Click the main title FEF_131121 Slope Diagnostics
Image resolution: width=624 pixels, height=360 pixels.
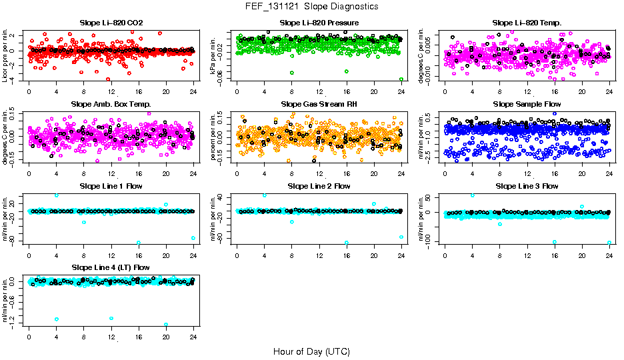coord(311,6)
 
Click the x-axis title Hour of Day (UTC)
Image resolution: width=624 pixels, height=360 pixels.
coord(311,351)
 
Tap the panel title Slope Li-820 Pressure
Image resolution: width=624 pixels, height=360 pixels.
coord(319,23)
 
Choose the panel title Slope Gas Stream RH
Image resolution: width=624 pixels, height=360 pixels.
coord(319,105)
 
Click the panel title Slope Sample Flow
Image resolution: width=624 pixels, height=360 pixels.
coord(527,105)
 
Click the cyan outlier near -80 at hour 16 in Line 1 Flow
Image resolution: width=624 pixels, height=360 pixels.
coord(139,243)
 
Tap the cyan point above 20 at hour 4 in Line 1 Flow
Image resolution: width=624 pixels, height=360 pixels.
coord(57,195)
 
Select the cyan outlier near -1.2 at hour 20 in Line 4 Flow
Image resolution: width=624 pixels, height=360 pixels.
coord(166,325)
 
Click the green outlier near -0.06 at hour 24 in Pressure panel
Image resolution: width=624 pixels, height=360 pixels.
coord(401,79)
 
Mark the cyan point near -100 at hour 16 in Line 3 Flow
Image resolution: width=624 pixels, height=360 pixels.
coord(555,242)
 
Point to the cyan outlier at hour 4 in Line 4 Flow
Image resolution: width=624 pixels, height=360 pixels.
coord(57,319)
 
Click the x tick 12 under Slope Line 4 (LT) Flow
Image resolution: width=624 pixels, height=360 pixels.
coord(111,337)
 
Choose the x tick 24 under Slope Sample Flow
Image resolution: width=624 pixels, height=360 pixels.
coord(609,173)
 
